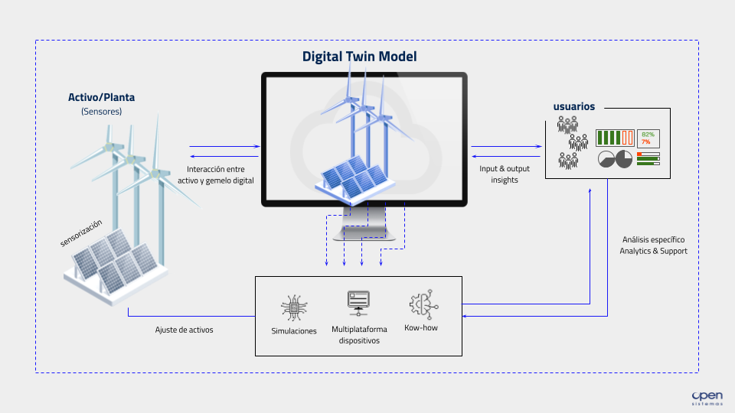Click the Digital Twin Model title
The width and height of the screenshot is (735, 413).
point(359,57)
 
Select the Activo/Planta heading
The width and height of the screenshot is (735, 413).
point(101,97)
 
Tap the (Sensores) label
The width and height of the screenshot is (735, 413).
point(101,112)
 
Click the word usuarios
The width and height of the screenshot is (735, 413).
point(573,106)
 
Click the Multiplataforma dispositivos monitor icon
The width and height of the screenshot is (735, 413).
point(358,302)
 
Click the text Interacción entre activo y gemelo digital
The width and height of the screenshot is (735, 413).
point(220,174)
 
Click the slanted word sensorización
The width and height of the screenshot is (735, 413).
point(80,233)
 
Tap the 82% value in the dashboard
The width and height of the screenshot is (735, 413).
point(648,135)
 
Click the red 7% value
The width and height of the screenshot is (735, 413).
point(646,142)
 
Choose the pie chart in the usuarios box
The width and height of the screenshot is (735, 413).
point(615,159)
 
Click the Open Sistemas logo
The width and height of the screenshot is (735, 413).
point(707,397)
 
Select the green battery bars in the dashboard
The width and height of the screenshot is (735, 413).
point(612,138)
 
